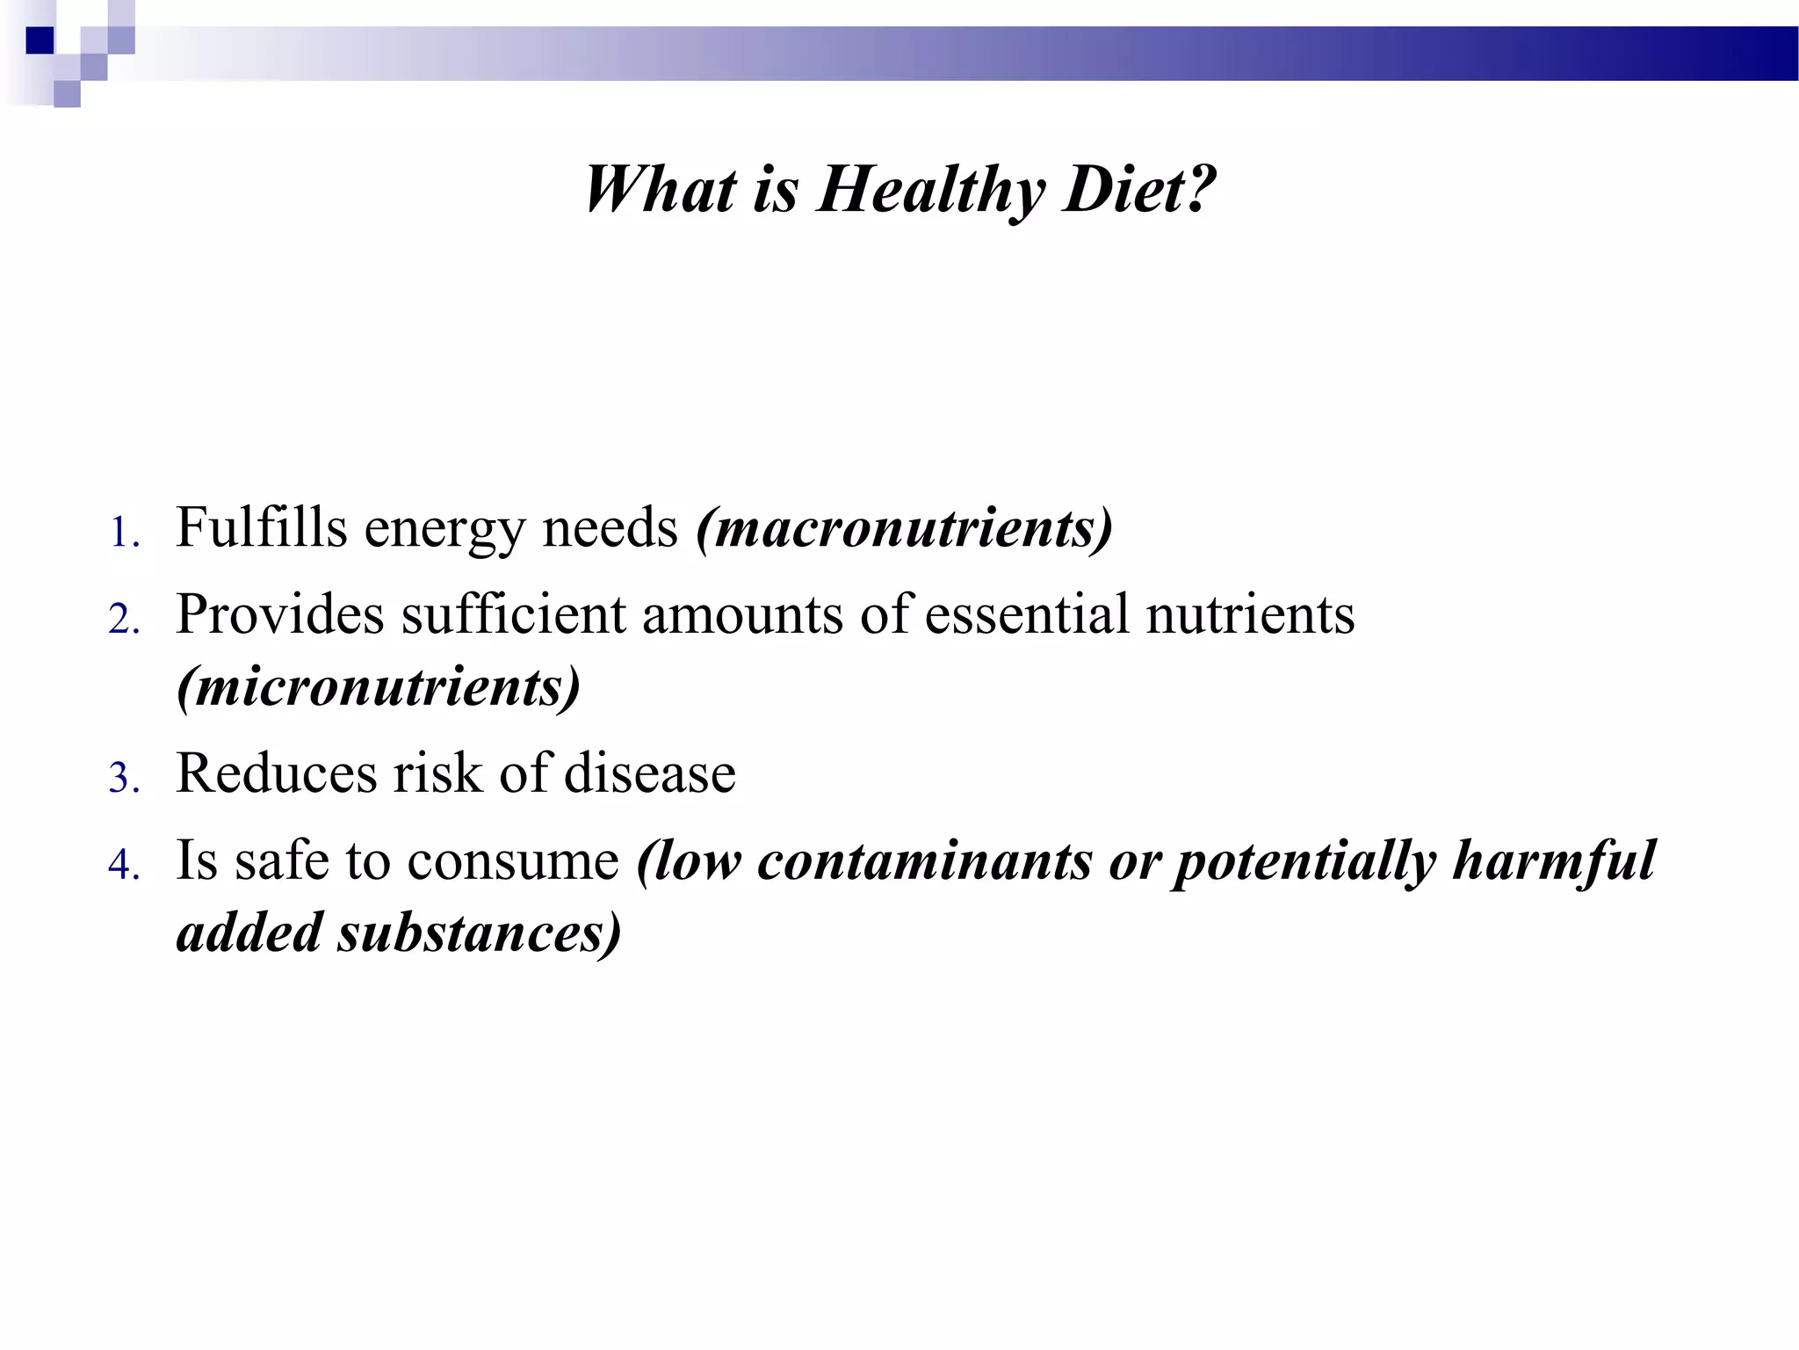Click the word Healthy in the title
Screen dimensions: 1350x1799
(x=931, y=190)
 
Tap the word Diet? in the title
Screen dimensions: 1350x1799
(x=1138, y=190)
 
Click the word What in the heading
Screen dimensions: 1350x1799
(x=661, y=190)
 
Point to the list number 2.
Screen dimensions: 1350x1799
(x=123, y=619)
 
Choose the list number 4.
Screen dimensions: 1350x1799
(x=123, y=865)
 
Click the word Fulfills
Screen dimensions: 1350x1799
(x=262, y=527)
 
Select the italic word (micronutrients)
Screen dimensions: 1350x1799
(x=379, y=687)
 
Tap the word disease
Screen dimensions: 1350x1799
(x=649, y=773)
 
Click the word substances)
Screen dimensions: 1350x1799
(x=480, y=933)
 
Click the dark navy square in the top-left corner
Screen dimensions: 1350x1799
(x=40, y=40)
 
